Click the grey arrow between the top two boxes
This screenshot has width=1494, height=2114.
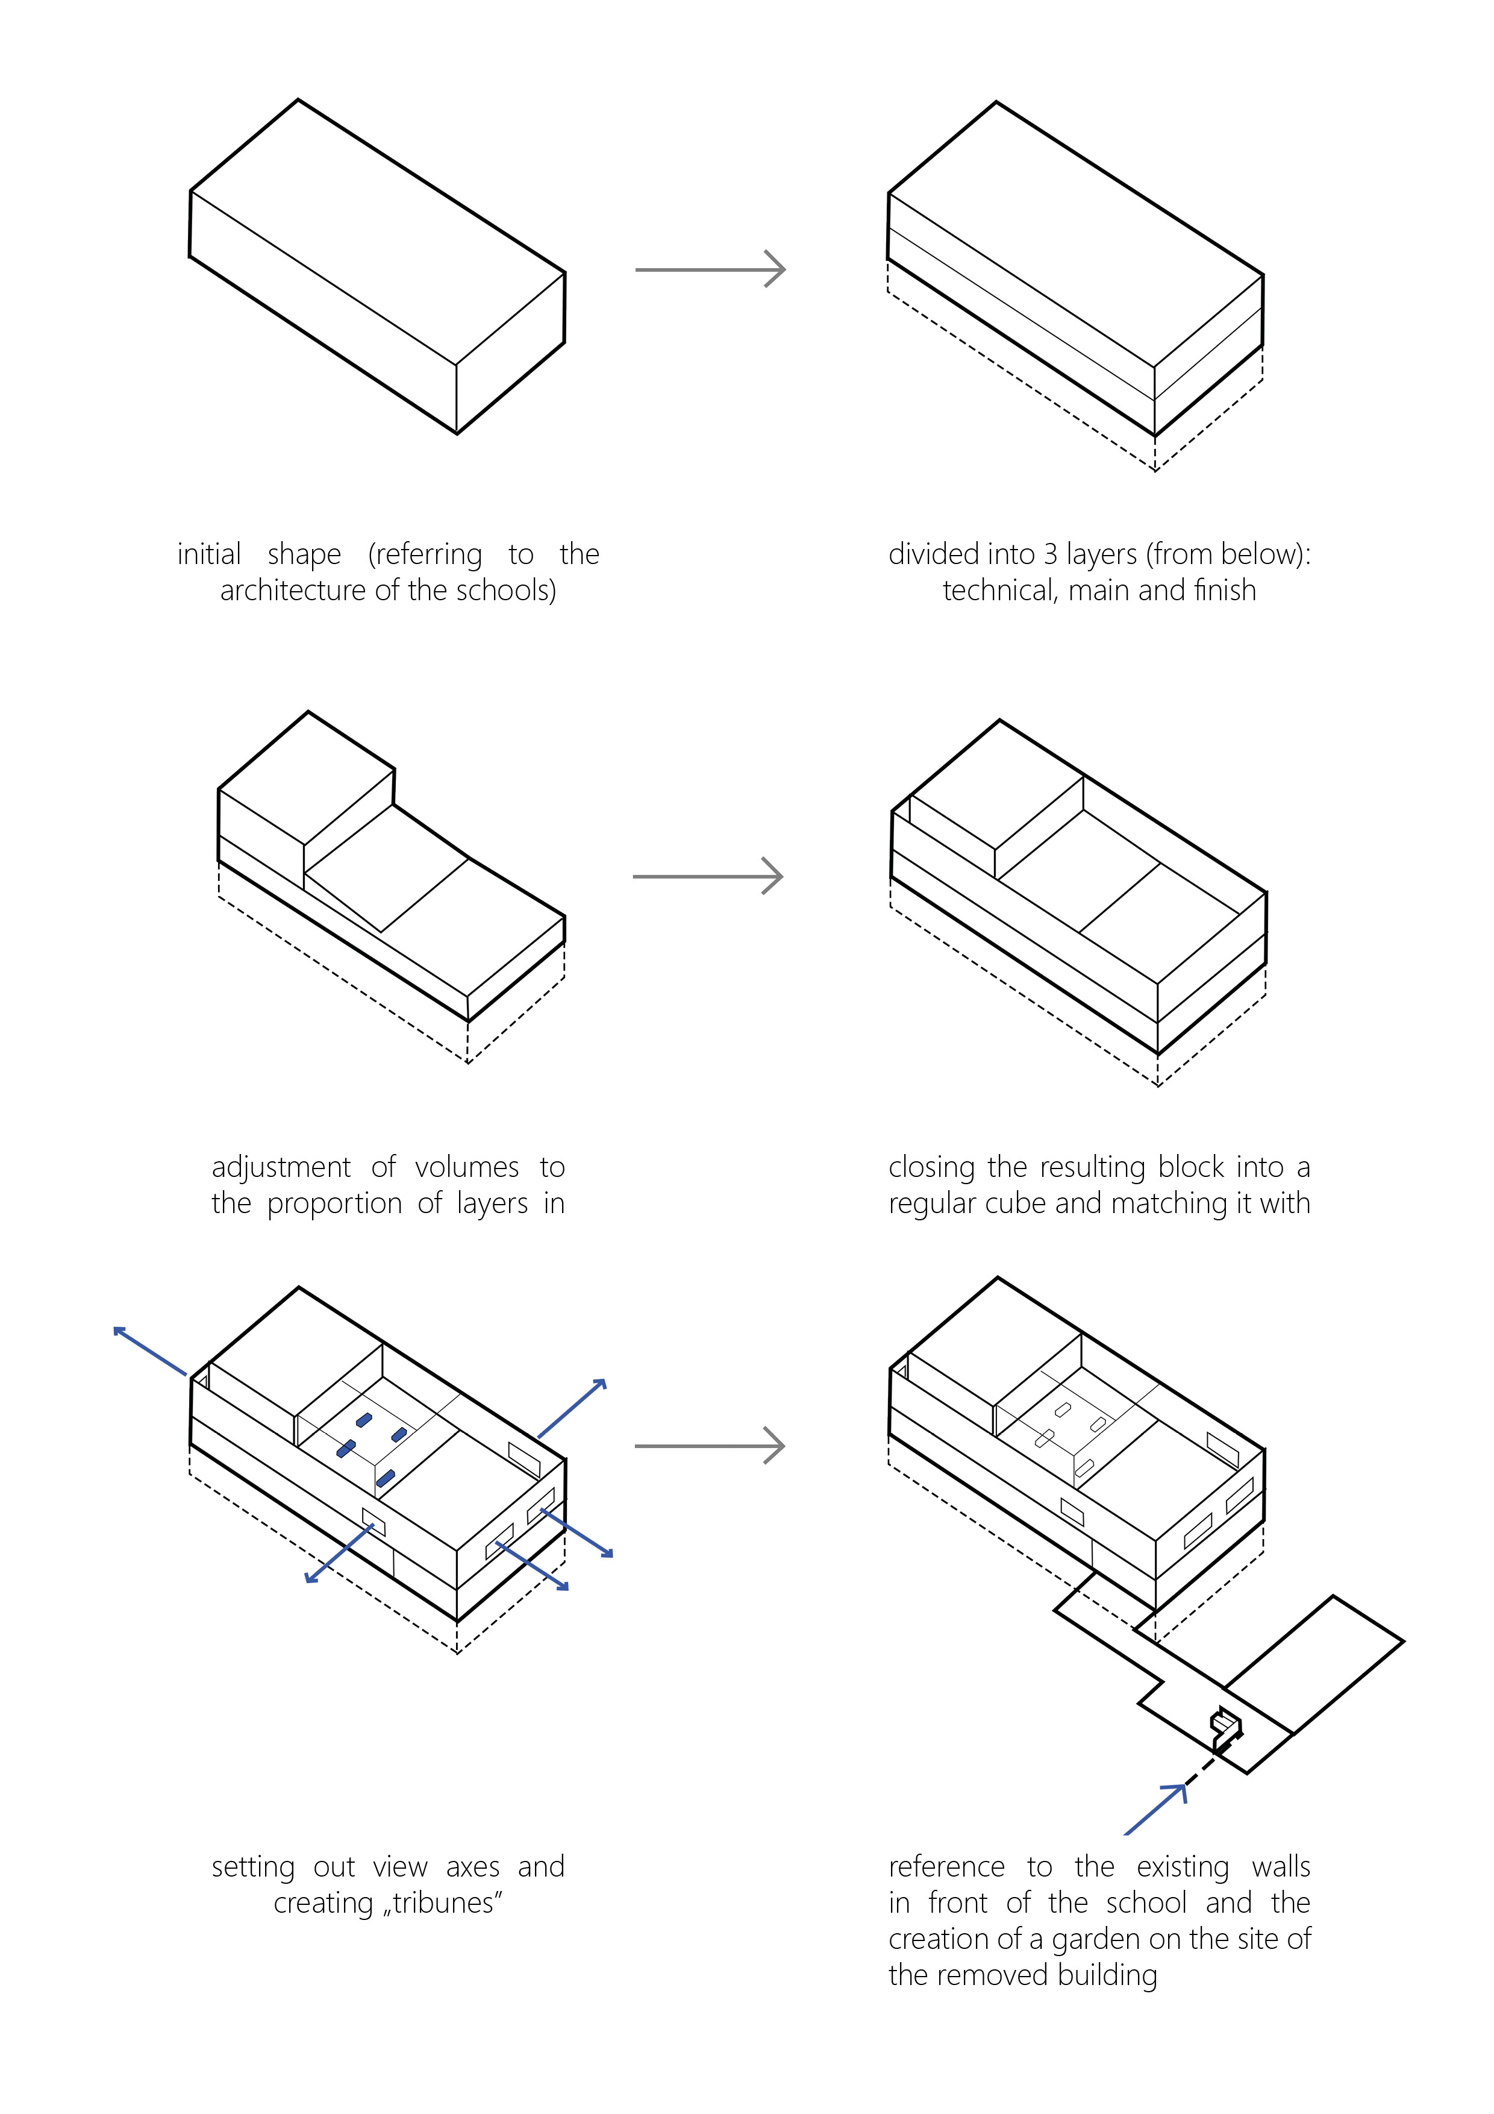[x=710, y=270]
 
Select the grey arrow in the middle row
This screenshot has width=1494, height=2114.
[x=707, y=877]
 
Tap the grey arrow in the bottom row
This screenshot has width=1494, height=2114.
[x=709, y=1446]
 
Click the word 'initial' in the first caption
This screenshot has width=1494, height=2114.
[x=209, y=554]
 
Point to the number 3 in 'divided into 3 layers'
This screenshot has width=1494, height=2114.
[x=1049, y=554]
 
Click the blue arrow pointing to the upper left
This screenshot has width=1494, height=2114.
[x=149, y=1352]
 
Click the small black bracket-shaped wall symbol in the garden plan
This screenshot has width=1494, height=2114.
[x=1225, y=1728]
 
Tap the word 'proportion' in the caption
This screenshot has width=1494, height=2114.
[x=334, y=1203]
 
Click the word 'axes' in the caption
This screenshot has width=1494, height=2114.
[x=473, y=1868]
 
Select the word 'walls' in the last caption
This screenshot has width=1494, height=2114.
[x=1280, y=1868]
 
